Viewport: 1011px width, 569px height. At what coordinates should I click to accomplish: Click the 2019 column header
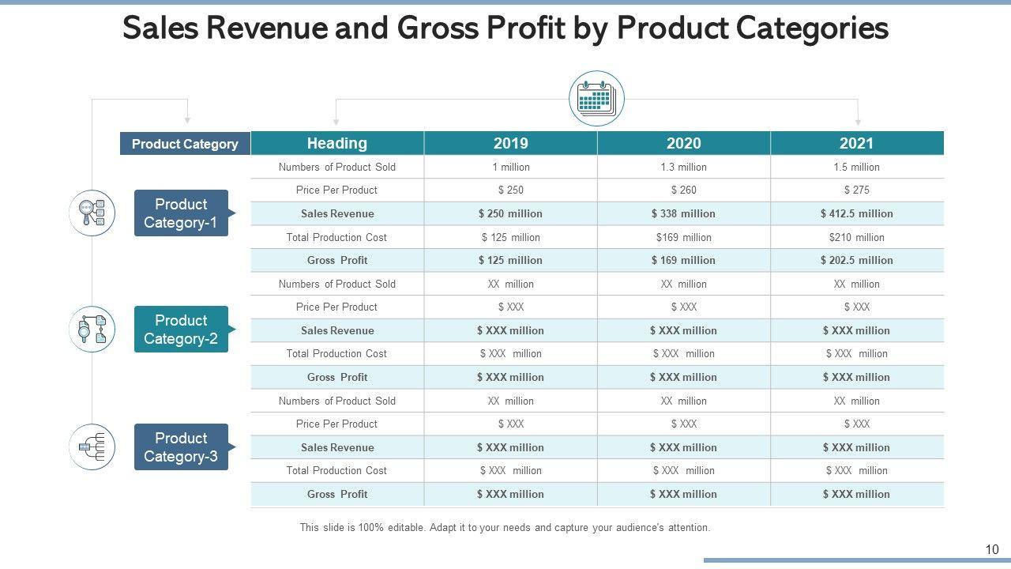[510, 143]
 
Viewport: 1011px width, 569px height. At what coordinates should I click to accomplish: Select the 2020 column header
[683, 143]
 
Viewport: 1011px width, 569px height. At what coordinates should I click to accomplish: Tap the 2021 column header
[856, 143]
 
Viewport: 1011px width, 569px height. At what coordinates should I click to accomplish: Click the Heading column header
[337, 143]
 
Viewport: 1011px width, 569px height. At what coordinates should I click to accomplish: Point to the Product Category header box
[185, 144]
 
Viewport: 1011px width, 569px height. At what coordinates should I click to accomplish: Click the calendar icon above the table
[596, 99]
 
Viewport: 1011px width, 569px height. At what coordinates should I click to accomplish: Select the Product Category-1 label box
[181, 213]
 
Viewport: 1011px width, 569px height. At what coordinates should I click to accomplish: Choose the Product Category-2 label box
[181, 330]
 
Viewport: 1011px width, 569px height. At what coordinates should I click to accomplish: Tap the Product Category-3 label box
[181, 447]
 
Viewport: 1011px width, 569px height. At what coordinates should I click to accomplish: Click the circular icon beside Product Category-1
[92, 213]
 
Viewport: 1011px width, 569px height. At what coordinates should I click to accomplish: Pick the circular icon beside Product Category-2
[92, 330]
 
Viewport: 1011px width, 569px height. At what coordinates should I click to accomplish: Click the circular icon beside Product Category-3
[92, 447]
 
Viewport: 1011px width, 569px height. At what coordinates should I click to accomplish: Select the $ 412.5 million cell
[856, 213]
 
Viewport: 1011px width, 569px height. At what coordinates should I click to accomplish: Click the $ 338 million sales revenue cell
[683, 213]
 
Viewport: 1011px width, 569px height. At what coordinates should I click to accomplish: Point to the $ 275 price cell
[856, 190]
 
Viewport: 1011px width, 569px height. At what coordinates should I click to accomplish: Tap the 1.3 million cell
[683, 167]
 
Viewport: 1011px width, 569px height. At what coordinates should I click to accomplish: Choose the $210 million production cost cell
[856, 237]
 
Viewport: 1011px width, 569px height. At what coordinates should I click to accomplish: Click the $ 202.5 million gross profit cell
[856, 260]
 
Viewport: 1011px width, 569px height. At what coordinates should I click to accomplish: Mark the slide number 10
[992, 550]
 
